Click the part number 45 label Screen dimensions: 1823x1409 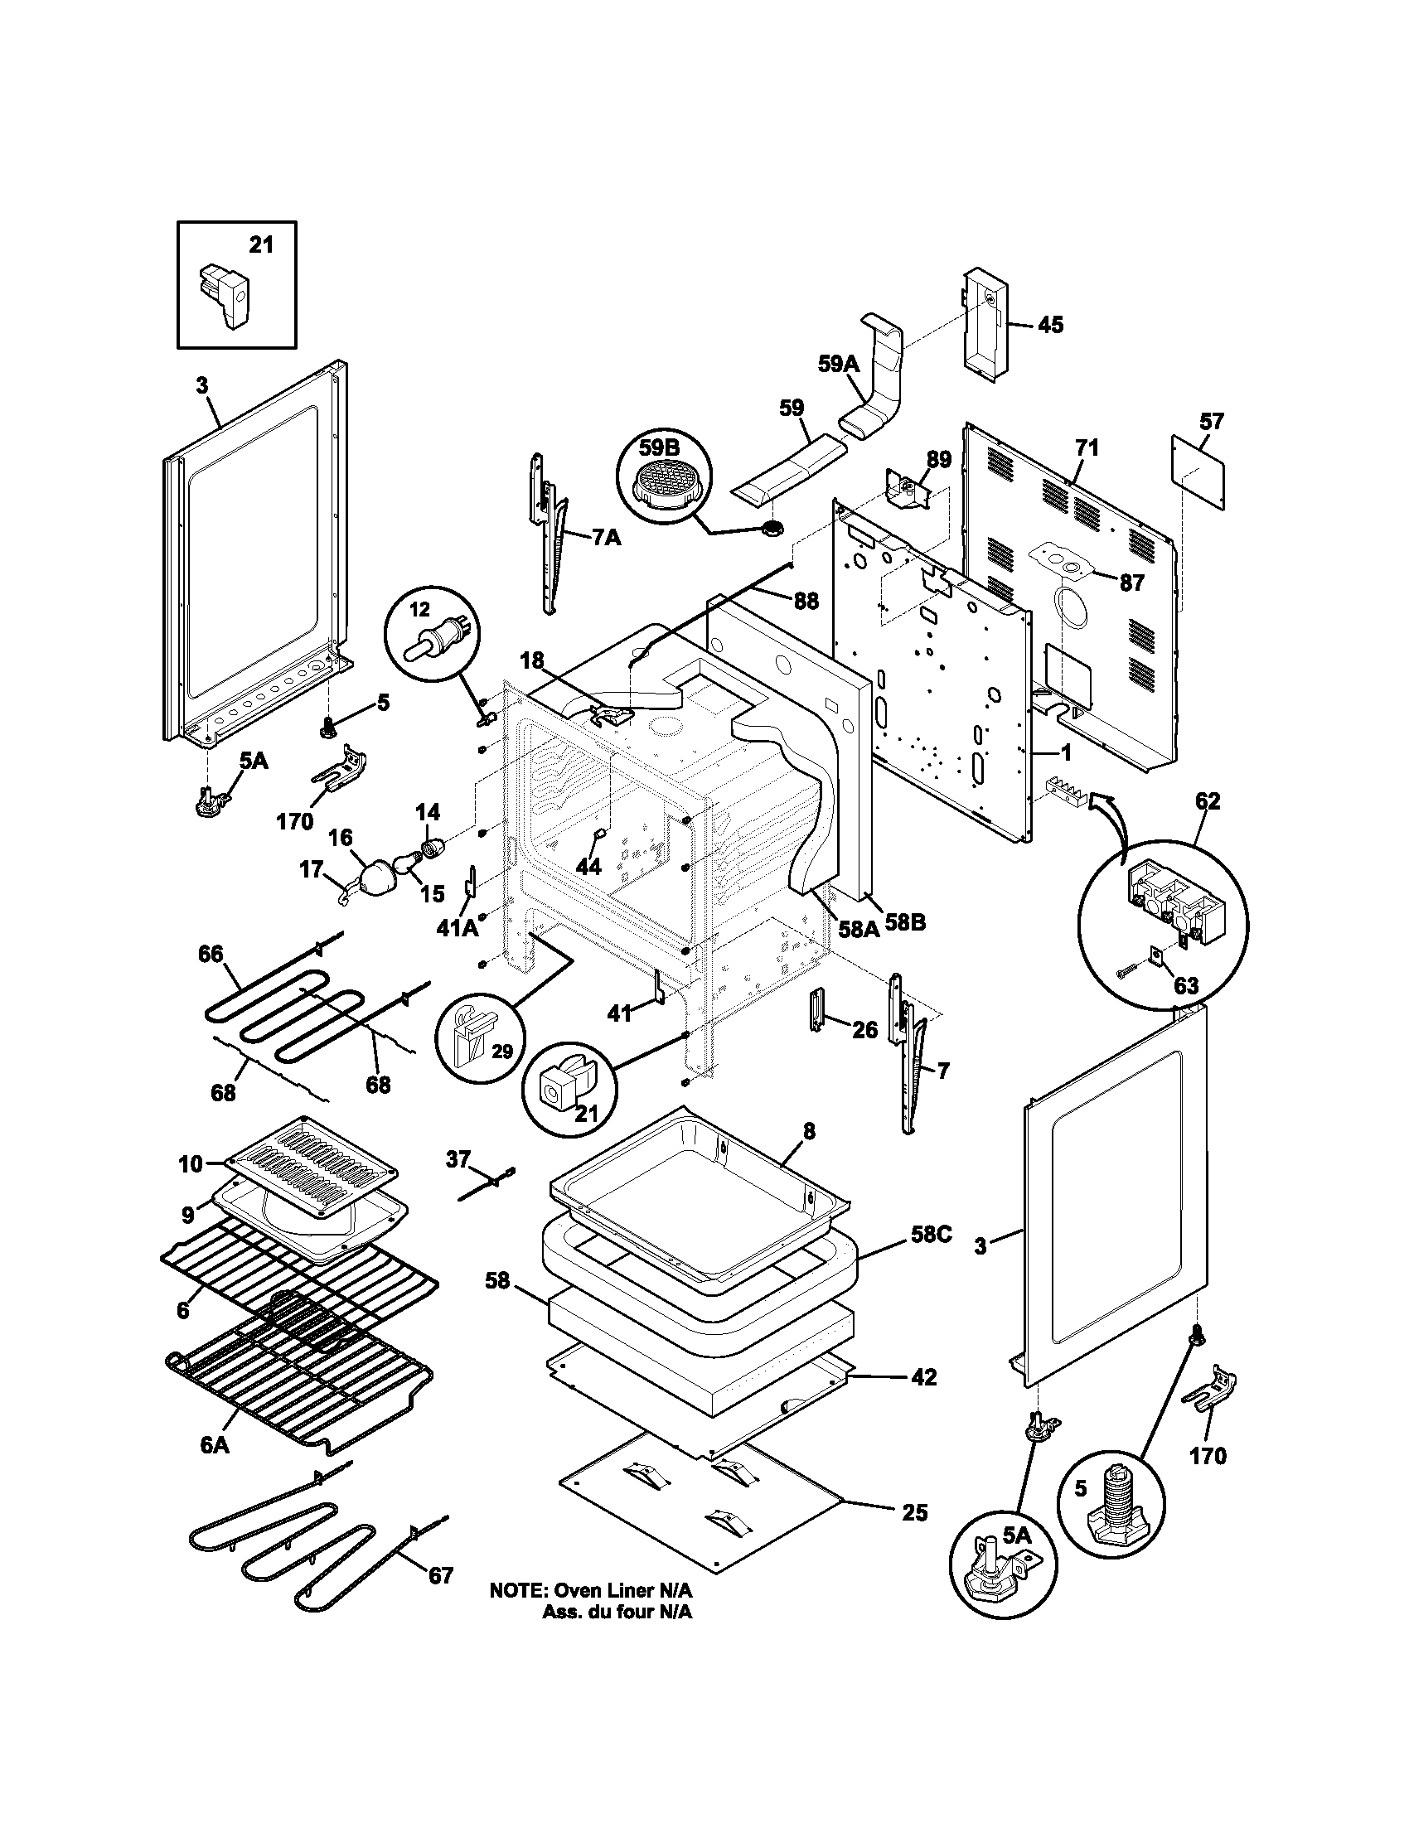[x=1050, y=325]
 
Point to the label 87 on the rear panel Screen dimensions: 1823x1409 [x=1131, y=583]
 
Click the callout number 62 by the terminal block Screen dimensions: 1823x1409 [x=1207, y=801]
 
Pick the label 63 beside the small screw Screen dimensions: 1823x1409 [x=1185, y=986]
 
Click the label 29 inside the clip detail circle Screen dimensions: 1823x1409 [x=501, y=1051]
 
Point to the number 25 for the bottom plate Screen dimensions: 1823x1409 [x=915, y=1511]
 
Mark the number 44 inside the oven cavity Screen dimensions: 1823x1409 [x=588, y=868]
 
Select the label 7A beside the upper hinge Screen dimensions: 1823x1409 [x=607, y=538]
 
